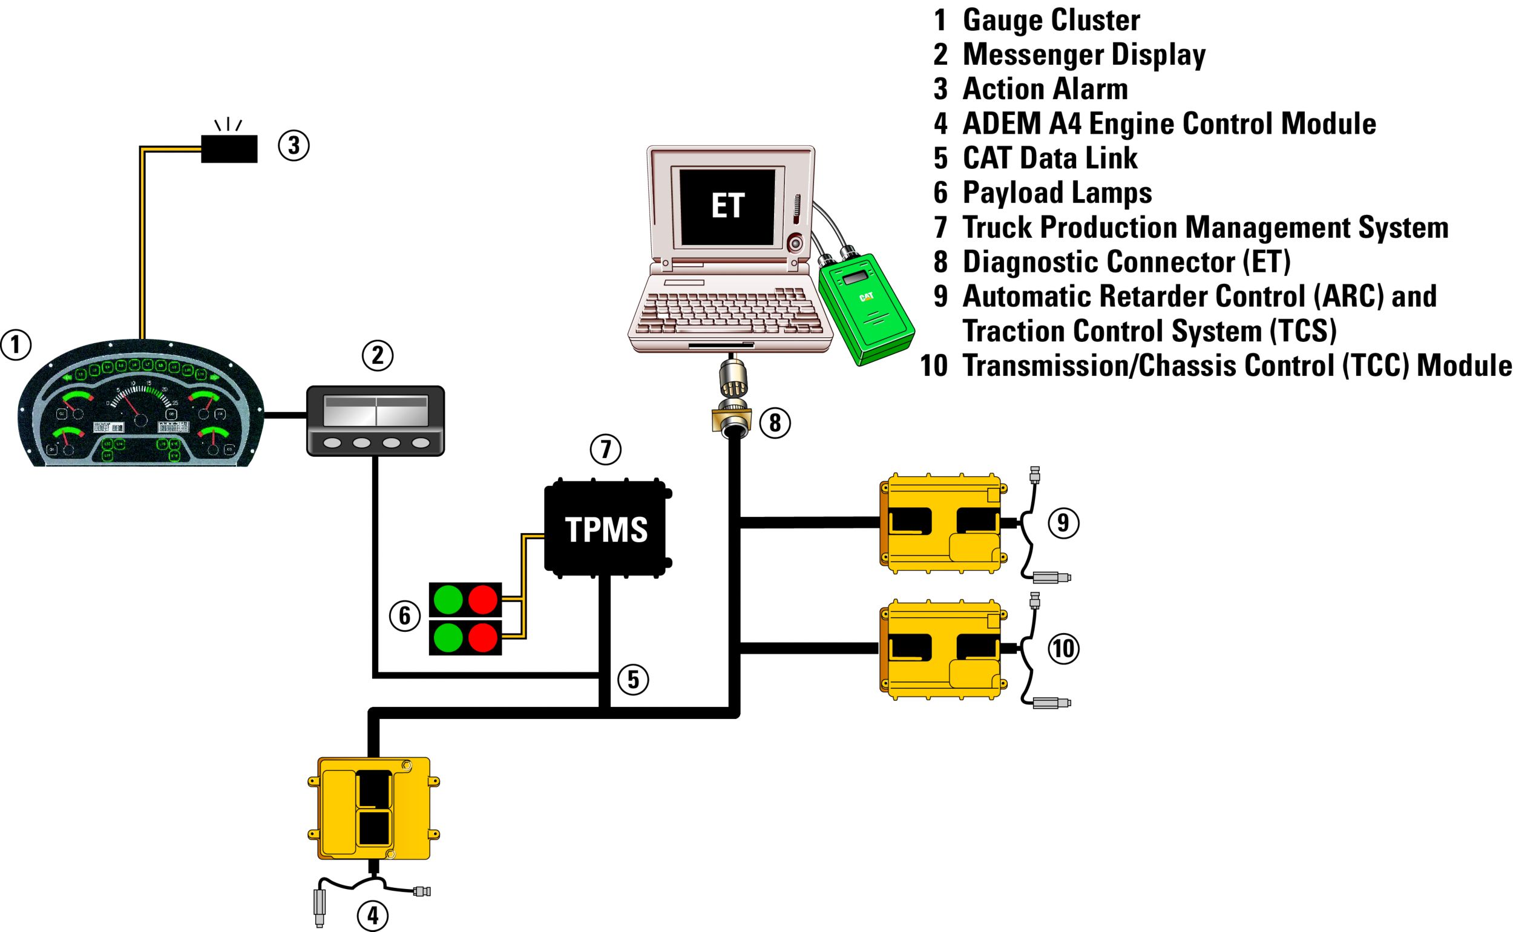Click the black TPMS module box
[x=605, y=529]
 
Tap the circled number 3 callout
[x=294, y=145]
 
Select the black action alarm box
[x=229, y=148]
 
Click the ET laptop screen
[x=727, y=206]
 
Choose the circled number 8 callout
[x=775, y=423]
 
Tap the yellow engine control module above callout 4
[x=374, y=807]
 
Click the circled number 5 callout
[x=633, y=679]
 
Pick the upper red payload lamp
[x=482, y=600]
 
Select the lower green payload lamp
[x=448, y=637]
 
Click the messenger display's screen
[x=375, y=410]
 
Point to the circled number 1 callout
[x=16, y=344]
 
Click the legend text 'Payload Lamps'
[x=1057, y=192]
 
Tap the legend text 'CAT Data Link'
[x=1049, y=158]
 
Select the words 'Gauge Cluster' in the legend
[x=1051, y=20]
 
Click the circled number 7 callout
[x=605, y=449]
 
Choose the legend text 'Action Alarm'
[x=1045, y=89]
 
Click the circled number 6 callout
[x=404, y=615]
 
